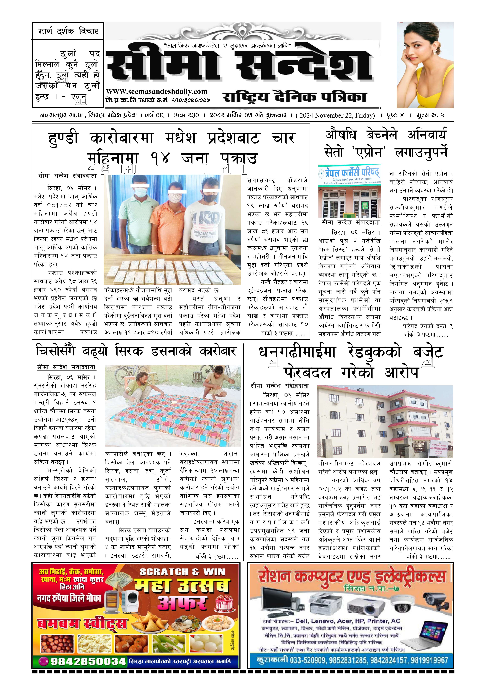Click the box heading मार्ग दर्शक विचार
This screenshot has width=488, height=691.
click(x=68, y=31)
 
